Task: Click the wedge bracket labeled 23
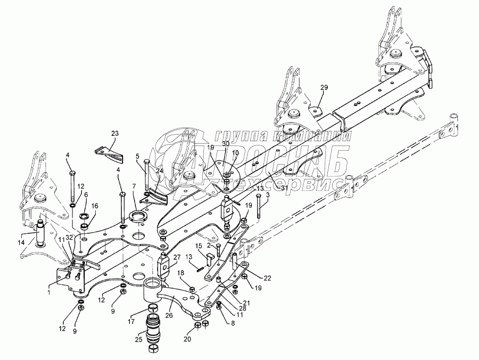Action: tap(110, 151)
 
